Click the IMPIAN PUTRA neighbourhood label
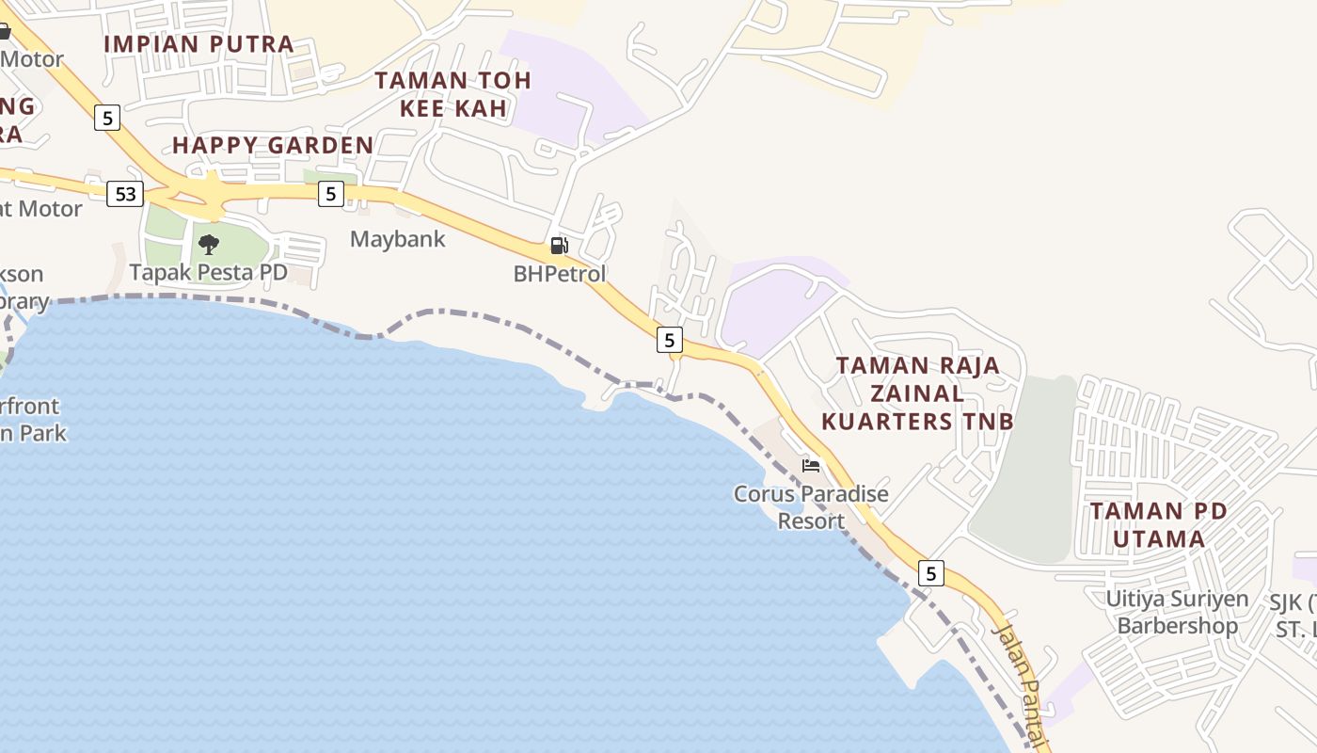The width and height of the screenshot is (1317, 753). [x=198, y=44]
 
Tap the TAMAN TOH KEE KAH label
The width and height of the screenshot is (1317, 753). [x=453, y=94]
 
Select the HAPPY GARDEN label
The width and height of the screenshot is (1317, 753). [x=273, y=145]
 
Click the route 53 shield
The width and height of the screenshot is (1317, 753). [x=125, y=195]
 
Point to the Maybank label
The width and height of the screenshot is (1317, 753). [x=397, y=239]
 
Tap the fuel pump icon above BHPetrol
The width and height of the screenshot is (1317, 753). [x=559, y=247]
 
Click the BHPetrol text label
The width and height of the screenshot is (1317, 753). [x=560, y=274]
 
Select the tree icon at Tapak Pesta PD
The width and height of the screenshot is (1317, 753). [x=209, y=245]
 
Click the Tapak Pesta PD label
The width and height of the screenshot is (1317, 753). [x=208, y=273]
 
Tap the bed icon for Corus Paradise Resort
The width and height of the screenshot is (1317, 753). [x=811, y=465]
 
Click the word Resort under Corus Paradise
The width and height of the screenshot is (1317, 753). [x=811, y=521]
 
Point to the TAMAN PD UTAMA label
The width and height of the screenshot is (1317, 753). [x=1158, y=525]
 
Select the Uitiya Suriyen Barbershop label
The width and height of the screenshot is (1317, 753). [x=1177, y=612]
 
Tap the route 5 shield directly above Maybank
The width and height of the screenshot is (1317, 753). [x=330, y=194]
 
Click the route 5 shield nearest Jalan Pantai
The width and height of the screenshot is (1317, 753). [x=930, y=573]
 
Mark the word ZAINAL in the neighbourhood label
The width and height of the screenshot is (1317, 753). [x=917, y=393]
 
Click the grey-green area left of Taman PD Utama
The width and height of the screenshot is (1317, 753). [x=1025, y=471]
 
